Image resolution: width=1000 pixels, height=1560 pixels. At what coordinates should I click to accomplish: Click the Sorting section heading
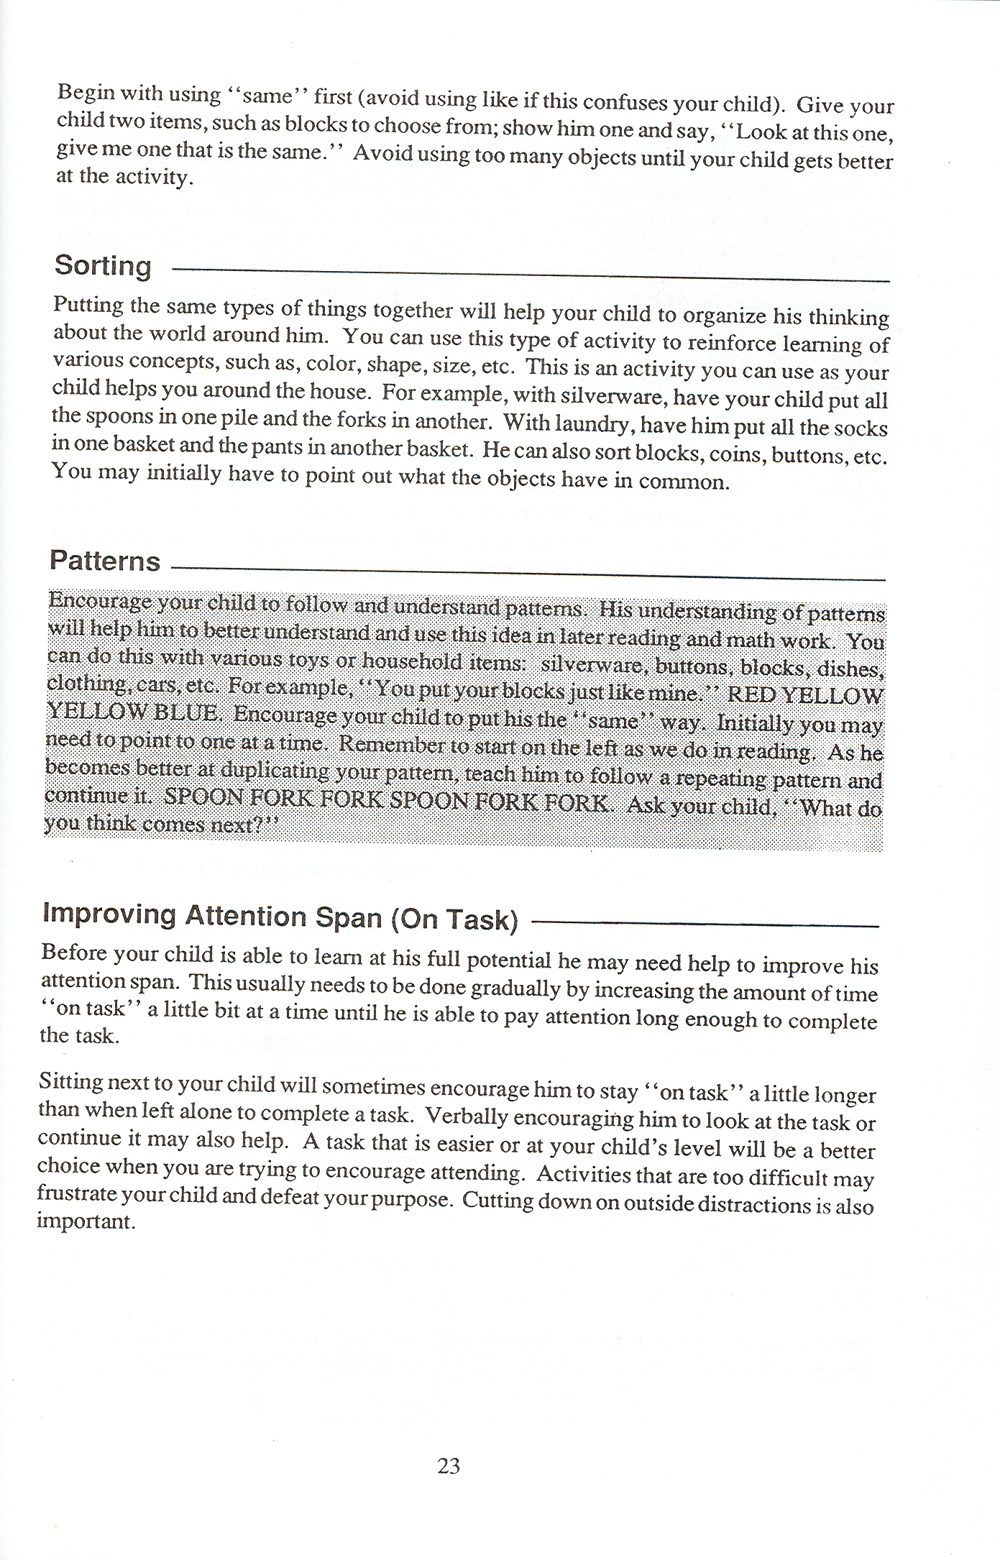pos(103,266)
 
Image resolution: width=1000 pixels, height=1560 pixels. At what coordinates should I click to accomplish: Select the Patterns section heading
pos(105,561)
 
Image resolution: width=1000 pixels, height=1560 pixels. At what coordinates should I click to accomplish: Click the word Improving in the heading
pos(109,913)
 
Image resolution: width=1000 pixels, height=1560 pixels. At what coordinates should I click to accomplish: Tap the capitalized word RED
pos(751,695)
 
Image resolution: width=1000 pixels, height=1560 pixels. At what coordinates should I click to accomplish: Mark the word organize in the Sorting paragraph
pos(724,316)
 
